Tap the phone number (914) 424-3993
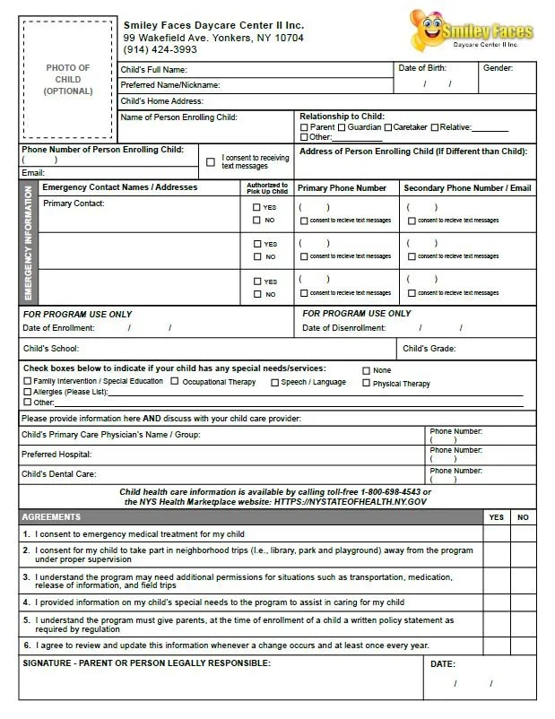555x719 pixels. [160, 50]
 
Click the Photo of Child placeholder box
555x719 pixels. [67, 80]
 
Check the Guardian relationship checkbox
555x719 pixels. [342, 127]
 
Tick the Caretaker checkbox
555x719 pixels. [388, 127]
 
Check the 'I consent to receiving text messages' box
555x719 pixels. [211, 162]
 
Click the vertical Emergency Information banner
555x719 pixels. [29, 243]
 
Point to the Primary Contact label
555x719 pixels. [74, 204]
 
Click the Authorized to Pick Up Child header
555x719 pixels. [267, 188]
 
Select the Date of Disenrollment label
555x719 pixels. [344, 328]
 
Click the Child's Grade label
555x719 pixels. [429, 349]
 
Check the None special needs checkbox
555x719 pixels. [366, 370]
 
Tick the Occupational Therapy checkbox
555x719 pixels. [174, 382]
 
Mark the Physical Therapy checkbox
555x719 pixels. [366, 383]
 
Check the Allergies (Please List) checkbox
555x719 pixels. [27, 393]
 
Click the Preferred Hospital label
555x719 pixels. [56, 455]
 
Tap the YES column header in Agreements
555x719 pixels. [496, 517]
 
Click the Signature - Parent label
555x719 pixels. [145, 663]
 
